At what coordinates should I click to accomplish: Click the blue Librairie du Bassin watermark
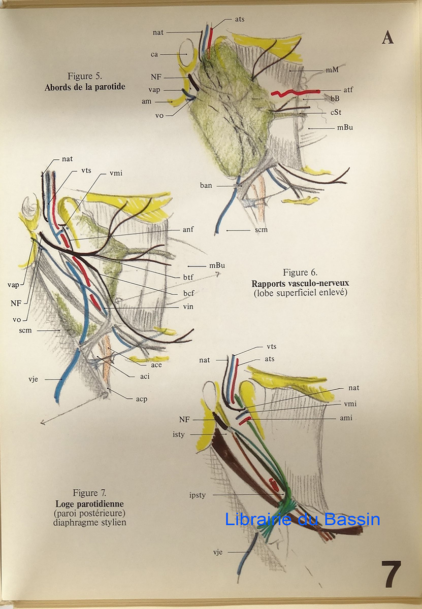coord(302,520)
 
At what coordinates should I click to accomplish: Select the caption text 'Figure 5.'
coord(85,77)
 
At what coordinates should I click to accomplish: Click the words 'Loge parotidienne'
coord(89,503)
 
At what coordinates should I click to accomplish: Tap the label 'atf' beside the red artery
coord(348,90)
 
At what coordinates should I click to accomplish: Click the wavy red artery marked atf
coord(295,93)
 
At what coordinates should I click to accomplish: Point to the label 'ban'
coord(206,185)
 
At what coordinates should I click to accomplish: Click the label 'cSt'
coord(336,112)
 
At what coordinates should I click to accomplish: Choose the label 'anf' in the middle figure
coord(188,229)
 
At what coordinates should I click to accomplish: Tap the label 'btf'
coord(188,277)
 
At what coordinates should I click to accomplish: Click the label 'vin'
coord(188,307)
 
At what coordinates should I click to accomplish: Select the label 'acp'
coord(142,399)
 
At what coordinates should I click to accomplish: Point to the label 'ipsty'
coord(197,495)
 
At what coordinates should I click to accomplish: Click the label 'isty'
coord(193,434)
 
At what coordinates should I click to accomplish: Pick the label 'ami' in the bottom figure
coord(346,418)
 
